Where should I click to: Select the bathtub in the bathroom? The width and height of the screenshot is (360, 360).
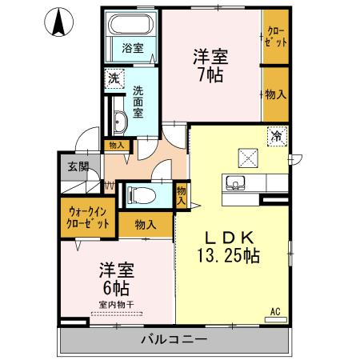click(x=132, y=25)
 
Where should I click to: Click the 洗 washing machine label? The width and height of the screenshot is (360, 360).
click(x=114, y=78)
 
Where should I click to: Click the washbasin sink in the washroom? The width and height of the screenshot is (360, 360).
click(x=118, y=122)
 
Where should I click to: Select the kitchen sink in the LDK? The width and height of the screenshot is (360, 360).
click(x=236, y=181)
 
